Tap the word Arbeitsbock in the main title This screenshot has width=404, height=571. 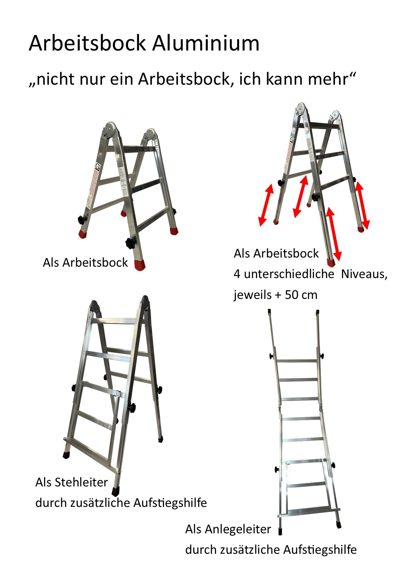(x=87, y=43)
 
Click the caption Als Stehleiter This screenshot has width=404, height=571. (x=71, y=482)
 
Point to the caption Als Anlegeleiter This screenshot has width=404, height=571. (x=228, y=529)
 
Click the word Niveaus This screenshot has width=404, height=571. (x=364, y=274)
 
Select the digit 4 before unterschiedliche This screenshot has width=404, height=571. (x=237, y=274)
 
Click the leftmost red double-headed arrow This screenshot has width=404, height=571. (x=266, y=205)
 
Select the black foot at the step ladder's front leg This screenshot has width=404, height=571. (x=115, y=491)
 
